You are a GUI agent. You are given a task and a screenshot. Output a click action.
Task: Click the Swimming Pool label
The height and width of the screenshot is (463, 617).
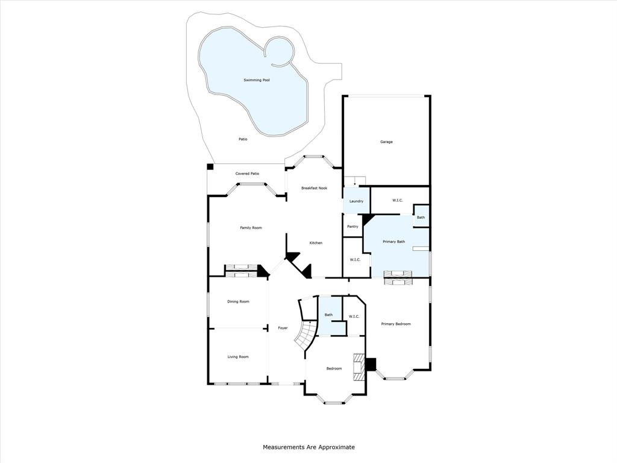tap(256, 80)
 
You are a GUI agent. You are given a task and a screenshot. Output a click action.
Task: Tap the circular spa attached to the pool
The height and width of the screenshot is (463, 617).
tap(278, 51)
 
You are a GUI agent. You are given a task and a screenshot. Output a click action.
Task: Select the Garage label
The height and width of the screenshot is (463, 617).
tap(386, 142)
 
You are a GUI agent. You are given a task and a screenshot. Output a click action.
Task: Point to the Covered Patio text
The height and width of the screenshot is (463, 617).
tap(247, 174)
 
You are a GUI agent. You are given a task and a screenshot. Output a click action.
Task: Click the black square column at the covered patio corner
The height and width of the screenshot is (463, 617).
tap(210, 167)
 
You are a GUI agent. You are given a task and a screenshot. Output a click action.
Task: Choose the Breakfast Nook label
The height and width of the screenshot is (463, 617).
tap(314, 188)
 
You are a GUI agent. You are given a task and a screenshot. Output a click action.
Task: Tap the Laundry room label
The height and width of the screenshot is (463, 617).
tap(356, 201)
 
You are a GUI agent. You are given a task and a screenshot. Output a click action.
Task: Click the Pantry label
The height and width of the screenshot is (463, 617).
tap(352, 227)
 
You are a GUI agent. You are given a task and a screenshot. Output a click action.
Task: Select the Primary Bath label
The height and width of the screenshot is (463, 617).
tap(394, 242)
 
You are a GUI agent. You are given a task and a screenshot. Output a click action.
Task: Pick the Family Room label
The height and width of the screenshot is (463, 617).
tap(251, 227)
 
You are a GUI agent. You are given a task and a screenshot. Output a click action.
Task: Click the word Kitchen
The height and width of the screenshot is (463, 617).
tap(316, 243)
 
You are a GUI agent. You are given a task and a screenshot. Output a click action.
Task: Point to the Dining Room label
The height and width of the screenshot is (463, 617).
tap(238, 301)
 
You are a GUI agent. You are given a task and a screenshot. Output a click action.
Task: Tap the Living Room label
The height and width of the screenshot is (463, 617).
tap(238, 356)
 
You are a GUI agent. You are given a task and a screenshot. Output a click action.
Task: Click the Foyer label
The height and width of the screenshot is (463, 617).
tap(283, 328)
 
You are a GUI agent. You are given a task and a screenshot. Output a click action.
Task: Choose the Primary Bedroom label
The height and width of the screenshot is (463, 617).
tap(396, 324)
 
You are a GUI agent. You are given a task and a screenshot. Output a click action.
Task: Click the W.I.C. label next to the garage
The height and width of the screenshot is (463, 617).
tap(398, 200)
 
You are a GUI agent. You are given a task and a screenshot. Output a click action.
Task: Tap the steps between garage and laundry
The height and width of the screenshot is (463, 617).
tap(354, 181)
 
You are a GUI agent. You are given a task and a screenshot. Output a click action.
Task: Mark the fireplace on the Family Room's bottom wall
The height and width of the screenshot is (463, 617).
tap(241, 271)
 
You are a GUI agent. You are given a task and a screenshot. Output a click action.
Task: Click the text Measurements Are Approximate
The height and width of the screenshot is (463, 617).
tap(308, 447)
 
